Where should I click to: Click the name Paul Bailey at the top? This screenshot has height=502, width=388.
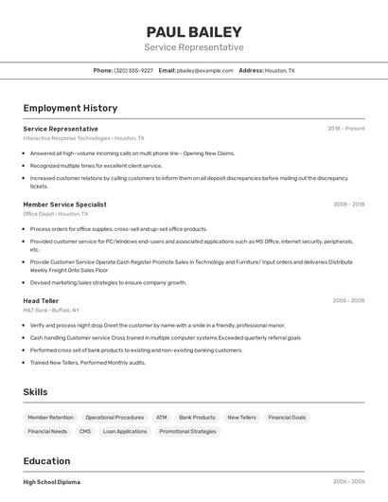pos(194,32)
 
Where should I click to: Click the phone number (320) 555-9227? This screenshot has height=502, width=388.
pos(133,70)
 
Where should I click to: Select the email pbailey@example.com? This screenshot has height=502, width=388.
pos(204,70)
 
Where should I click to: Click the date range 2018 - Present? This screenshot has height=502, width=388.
pos(345,128)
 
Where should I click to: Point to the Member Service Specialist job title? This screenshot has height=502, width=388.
pos(64,205)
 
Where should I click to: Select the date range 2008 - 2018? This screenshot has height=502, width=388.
pos(348,205)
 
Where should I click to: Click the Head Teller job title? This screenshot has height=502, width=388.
pos(41,300)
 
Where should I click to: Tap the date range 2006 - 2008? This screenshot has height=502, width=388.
pos(348,300)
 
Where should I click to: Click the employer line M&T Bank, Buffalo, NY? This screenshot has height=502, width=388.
pos(51,310)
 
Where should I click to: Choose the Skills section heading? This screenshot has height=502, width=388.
pos(36,392)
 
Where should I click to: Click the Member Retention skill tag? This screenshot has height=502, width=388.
pos(50,417)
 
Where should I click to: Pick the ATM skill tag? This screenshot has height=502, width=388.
pos(162,417)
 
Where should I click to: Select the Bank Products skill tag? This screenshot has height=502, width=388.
pos(197,417)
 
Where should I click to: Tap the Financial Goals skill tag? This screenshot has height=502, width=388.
pos(287,417)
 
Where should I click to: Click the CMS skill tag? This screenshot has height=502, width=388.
pos(85,431)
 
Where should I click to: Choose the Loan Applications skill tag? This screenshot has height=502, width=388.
pos(125,431)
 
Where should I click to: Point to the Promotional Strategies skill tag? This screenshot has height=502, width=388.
pos(187,431)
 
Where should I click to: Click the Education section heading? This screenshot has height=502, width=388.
pos(46,461)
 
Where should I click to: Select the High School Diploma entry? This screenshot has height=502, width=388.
pos(51,481)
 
